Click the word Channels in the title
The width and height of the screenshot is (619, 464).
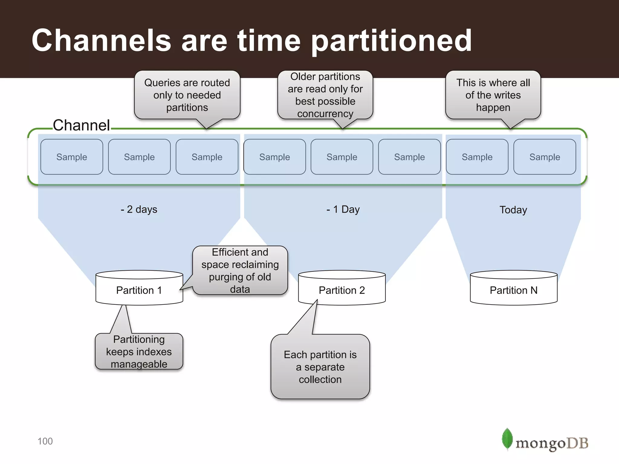coord(102,40)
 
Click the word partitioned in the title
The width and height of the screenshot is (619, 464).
coord(391,41)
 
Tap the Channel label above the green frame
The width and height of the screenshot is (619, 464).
coord(81,125)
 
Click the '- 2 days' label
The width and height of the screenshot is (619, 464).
coord(139,209)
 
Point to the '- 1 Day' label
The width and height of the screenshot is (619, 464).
coord(343,209)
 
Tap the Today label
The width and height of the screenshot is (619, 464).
coord(513,210)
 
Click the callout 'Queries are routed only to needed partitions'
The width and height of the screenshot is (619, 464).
coord(187,95)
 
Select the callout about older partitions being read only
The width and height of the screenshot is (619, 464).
coord(325,95)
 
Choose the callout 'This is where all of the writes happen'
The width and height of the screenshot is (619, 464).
coord(493,95)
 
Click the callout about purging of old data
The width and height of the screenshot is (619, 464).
coord(240,270)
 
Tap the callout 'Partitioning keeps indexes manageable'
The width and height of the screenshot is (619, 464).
coord(139,351)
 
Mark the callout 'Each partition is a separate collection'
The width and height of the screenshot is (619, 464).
coord(320,367)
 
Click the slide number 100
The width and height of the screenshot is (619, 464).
coord(45,441)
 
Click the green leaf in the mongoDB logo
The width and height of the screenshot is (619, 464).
coord(507,439)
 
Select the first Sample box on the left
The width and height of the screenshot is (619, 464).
coord(72,157)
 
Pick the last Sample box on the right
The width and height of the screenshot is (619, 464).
coord(545,157)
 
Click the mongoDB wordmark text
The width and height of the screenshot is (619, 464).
coord(552,443)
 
